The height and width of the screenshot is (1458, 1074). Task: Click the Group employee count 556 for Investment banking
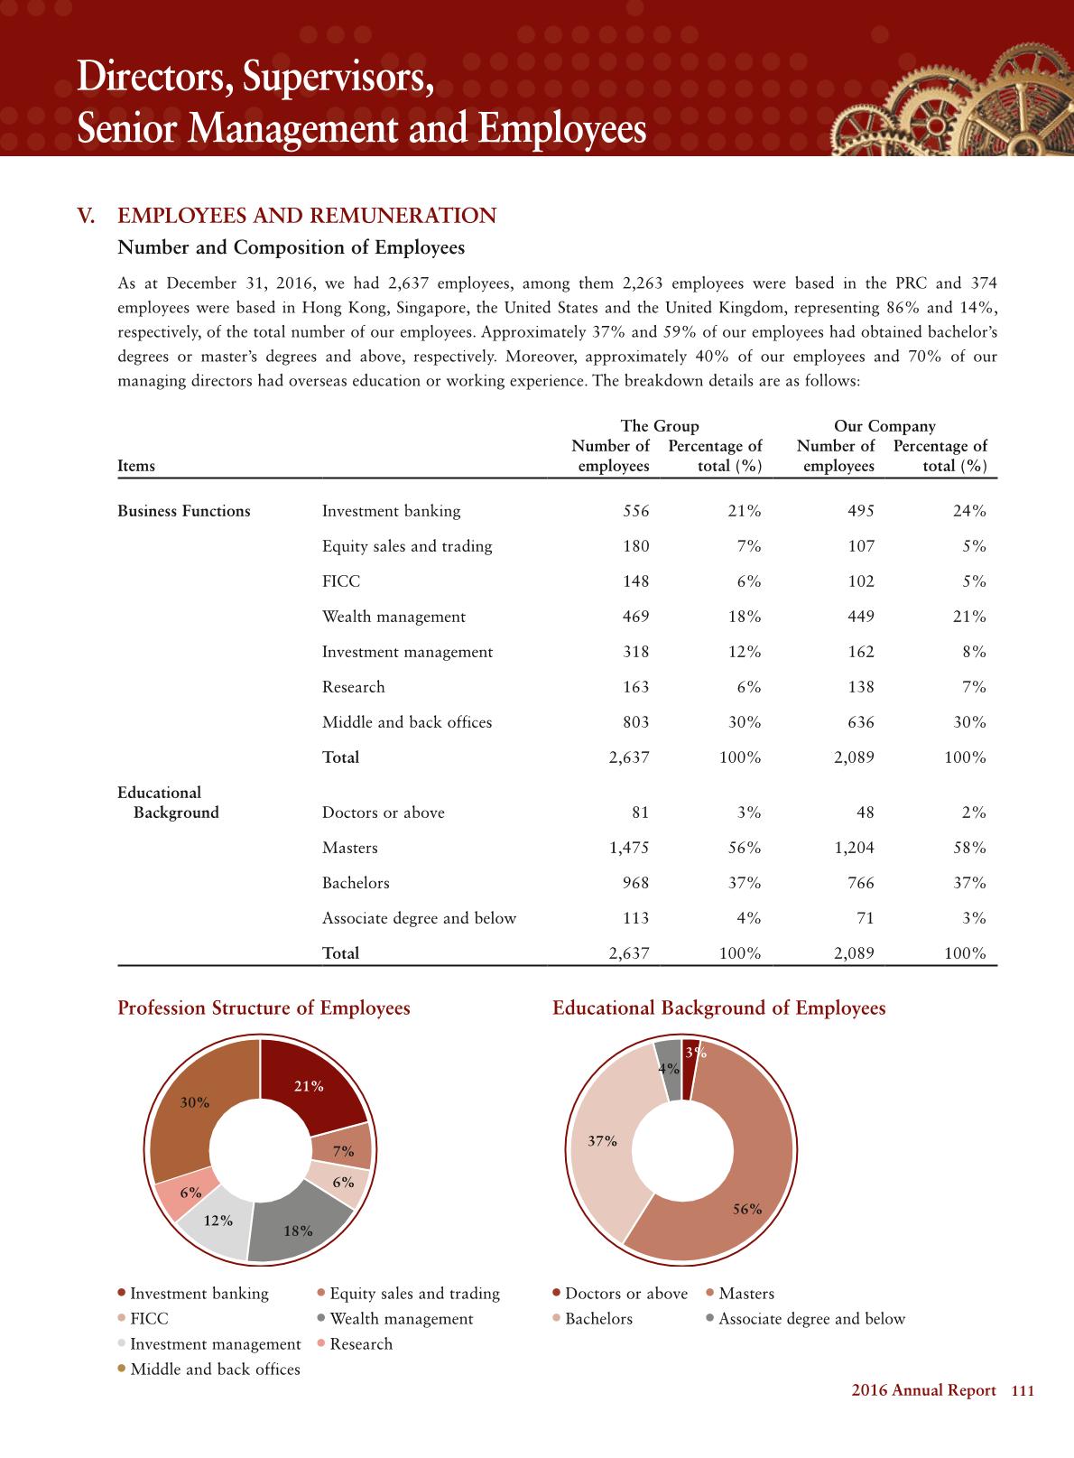tap(635, 511)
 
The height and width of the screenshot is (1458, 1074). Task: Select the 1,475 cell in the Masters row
tap(629, 848)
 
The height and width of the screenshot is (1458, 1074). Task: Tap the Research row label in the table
tap(353, 687)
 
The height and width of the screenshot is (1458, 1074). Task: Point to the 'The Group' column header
tap(659, 426)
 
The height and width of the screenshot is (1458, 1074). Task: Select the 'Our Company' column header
tap(884, 426)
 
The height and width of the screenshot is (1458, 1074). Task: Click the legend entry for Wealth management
tap(401, 1319)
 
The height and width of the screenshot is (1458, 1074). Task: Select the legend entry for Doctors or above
tap(625, 1294)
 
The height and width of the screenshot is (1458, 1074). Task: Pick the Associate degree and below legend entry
tap(811, 1319)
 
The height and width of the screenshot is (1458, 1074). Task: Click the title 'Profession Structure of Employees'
tap(264, 1008)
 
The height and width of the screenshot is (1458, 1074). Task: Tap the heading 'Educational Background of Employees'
tap(718, 1008)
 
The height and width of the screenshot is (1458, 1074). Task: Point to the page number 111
tap(1022, 1391)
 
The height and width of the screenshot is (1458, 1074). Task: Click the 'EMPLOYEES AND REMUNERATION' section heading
tap(307, 216)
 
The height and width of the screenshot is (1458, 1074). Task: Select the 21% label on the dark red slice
tap(309, 1086)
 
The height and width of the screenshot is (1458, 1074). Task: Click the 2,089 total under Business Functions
tap(853, 757)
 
